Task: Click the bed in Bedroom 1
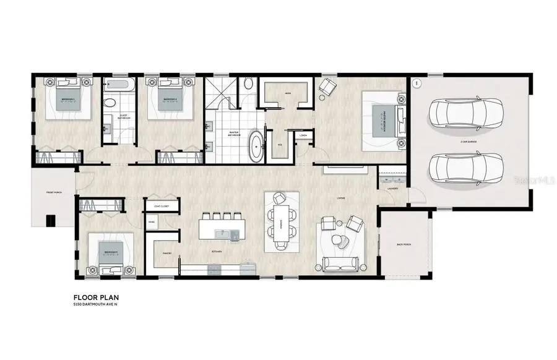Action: [67, 100]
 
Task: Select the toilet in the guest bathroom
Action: [110, 103]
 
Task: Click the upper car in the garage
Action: [467, 112]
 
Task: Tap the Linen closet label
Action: [303, 135]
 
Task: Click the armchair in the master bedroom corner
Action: [326, 89]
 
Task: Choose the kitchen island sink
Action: [224, 233]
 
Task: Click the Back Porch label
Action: [404, 245]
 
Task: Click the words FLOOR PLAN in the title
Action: [93, 296]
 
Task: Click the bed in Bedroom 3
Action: [111, 254]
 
